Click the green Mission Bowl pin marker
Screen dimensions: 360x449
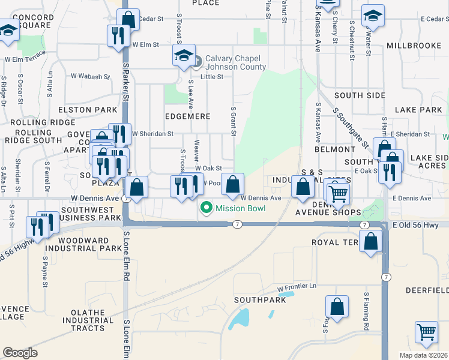point(206,208)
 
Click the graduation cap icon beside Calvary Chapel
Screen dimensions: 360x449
point(184,56)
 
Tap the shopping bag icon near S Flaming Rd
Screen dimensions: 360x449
point(337,306)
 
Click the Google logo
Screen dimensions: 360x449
point(20,352)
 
